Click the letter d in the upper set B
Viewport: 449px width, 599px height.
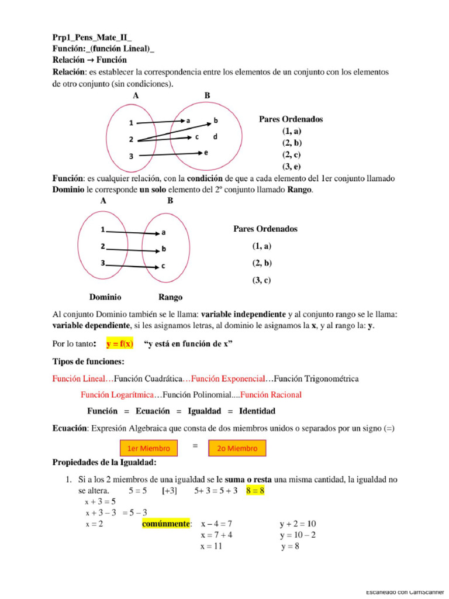click(215, 137)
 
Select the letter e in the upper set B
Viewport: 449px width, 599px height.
click(206, 152)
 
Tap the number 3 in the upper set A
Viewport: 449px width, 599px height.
click(132, 156)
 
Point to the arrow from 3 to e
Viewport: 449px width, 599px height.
click(170, 154)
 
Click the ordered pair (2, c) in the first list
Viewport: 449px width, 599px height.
click(291, 154)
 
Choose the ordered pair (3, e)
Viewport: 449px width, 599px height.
click(291, 166)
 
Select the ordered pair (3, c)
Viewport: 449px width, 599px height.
click(261, 280)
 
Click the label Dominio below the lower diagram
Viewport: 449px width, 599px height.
click(105, 297)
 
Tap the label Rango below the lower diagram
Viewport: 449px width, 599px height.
click(170, 297)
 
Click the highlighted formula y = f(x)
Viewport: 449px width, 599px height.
click(119, 344)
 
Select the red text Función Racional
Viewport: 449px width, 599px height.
click(271, 395)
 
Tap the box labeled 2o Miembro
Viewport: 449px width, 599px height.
click(237, 449)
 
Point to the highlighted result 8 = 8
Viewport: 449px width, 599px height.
click(255, 491)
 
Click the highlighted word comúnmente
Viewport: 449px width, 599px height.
click(167, 524)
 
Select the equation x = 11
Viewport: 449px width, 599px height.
click(212, 547)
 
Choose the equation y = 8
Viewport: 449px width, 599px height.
click(290, 547)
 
